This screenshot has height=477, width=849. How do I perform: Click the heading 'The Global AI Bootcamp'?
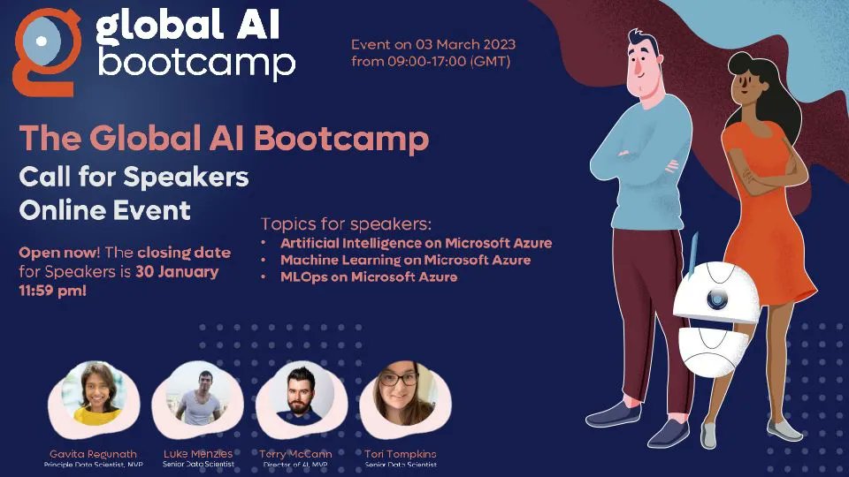pyautogui.click(x=224, y=139)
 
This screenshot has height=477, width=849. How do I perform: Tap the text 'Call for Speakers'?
pyautogui.click(x=134, y=177)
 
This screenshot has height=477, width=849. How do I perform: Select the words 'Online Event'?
pyautogui.click(x=104, y=210)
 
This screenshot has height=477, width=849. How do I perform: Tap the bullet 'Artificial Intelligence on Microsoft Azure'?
pyautogui.click(x=416, y=243)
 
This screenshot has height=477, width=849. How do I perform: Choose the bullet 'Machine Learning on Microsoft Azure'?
pyautogui.click(x=405, y=260)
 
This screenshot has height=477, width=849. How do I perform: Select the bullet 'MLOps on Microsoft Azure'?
pyautogui.click(x=369, y=276)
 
